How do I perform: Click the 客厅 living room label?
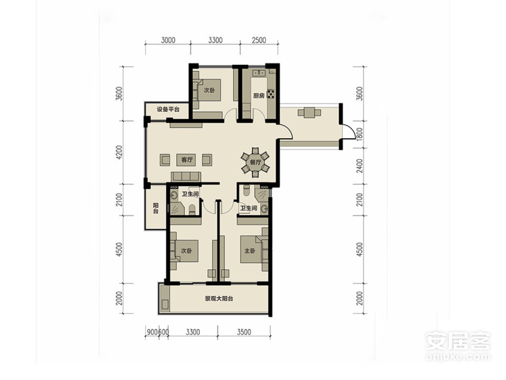pos(187,160)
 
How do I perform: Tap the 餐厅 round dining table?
pos(255,162)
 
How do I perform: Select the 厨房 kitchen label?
pos(259,96)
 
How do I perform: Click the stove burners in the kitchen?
pos(270,94)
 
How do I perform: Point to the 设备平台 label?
pos(168,109)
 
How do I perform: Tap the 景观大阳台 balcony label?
pos(219,298)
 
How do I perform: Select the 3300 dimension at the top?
pos(215,40)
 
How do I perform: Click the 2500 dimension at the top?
pos(259,40)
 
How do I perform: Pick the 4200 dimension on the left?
pos(119,152)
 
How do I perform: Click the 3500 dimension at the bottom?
pos(243,332)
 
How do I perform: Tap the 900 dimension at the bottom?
pos(152,332)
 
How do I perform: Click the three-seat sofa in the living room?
pos(186,176)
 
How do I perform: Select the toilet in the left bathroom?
pos(192,209)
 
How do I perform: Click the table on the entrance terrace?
pos(310,113)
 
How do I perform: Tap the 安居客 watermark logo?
pos(458,341)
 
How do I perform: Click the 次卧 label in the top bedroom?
pos(210,91)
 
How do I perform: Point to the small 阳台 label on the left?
pos(155,208)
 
